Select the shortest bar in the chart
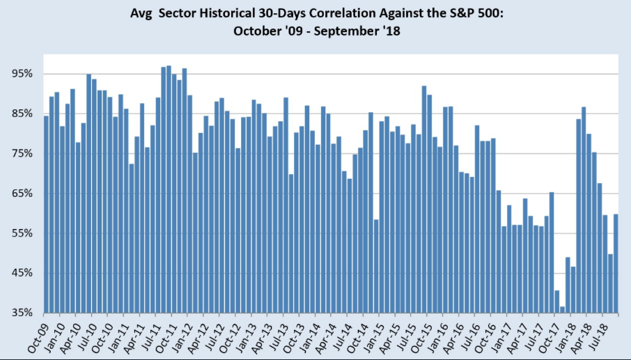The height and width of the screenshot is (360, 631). point(562,309)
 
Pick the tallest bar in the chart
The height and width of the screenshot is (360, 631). point(169,189)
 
